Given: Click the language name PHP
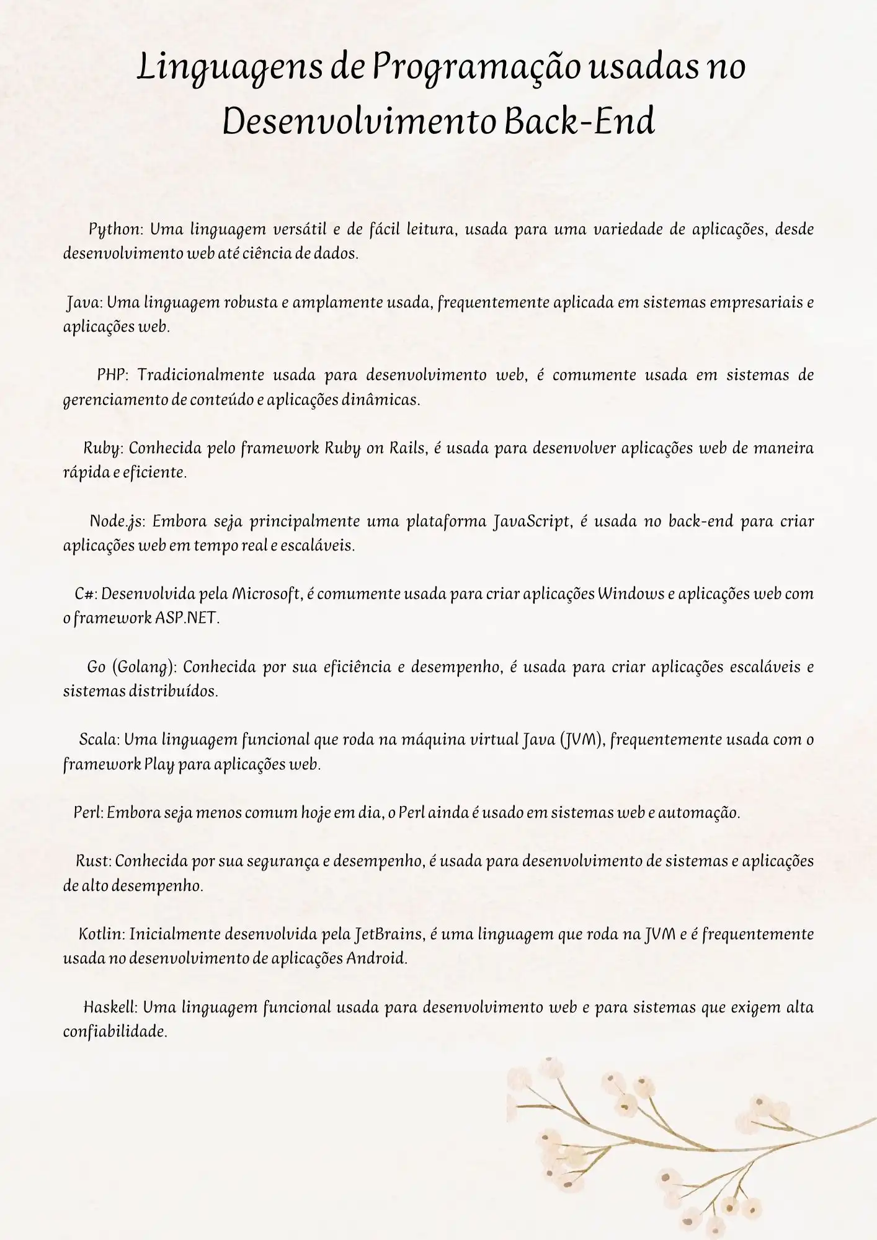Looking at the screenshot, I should click(112, 375).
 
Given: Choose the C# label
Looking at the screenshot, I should click(85, 594).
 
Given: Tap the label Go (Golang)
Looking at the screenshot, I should click(131, 667).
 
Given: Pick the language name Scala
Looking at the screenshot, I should click(99, 740).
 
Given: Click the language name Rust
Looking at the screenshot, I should click(93, 861).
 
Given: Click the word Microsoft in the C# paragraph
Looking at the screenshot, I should click(267, 594).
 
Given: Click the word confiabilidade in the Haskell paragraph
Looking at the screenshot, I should click(115, 1032).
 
